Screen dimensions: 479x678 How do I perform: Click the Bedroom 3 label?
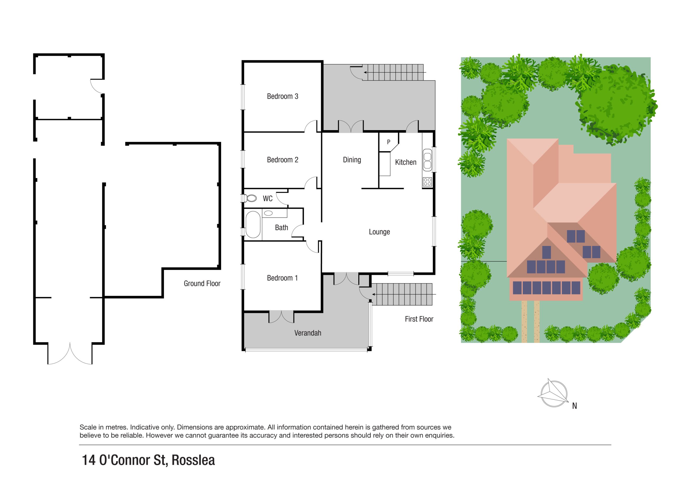pyautogui.click(x=282, y=97)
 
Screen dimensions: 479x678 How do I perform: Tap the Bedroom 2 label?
pyautogui.click(x=282, y=160)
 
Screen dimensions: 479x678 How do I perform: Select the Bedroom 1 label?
pyautogui.click(x=282, y=278)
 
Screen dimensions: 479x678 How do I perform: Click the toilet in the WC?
pyautogui.click(x=251, y=198)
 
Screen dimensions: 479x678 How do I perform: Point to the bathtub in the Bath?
pyautogui.click(x=253, y=225)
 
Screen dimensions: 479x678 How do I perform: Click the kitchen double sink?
pyautogui.click(x=427, y=160)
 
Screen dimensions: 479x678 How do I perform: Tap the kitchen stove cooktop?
pyautogui.click(x=427, y=182)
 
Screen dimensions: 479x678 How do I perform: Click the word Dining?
pyautogui.click(x=352, y=160)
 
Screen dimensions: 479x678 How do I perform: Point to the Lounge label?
pyautogui.click(x=379, y=232)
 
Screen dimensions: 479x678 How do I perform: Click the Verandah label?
pyautogui.click(x=307, y=333)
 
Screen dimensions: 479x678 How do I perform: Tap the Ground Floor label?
pyautogui.click(x=202, y=284)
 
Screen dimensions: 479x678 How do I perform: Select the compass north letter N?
pyautogui.click(x=574, y=406)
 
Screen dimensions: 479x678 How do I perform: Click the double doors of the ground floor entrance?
pyautogui.click(x=70, y=354)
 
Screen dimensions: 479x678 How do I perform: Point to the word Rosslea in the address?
pyautogui.click(x=193, y=460)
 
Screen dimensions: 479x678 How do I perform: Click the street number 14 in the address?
pyautogui.click(x=88, y=460)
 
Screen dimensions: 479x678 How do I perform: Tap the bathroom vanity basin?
pyautogui.click(x=268, y=213)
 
